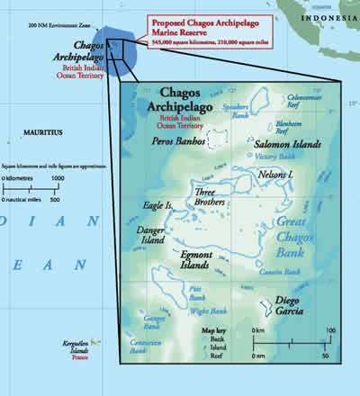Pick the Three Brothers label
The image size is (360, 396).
point(210,197)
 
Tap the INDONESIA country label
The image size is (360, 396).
point(333,14)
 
